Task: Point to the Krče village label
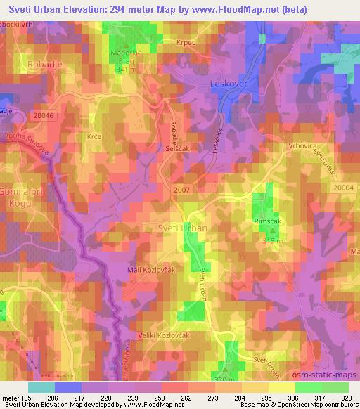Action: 94,135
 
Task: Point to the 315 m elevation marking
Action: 271,241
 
